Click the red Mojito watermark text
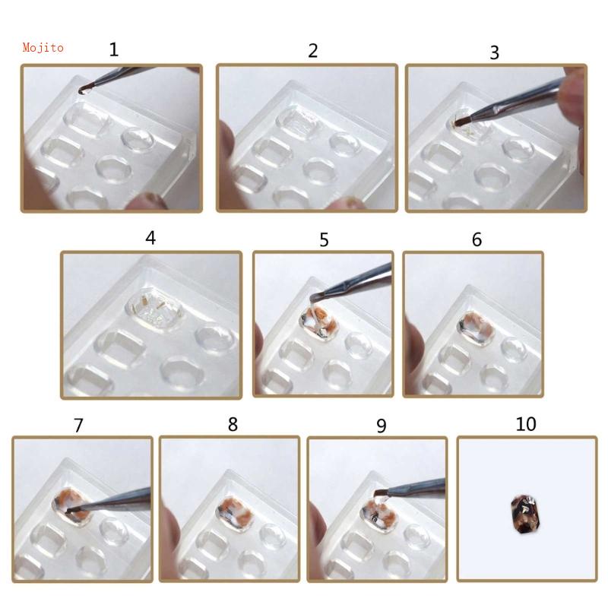tap(43, 48)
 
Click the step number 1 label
tap(114, 50)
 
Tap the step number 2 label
tap(312, 51)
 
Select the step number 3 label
tap(495, 52)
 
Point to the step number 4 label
tap(150, 238)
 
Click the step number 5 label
tap(325, 240)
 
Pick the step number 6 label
tap(477, 239)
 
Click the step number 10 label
tap(526, 424)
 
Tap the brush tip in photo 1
tap(83, 90)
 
